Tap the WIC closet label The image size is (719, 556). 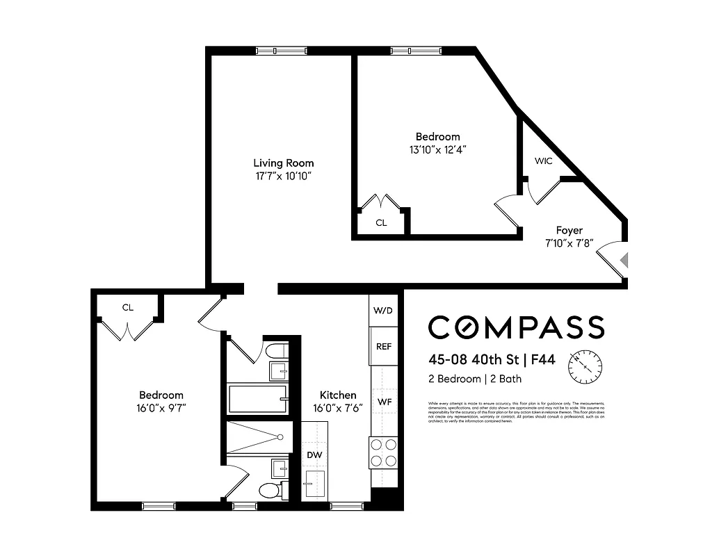543,161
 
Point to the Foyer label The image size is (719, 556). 569,230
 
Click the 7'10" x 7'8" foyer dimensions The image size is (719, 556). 569,243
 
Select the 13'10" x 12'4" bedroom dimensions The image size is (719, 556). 437,149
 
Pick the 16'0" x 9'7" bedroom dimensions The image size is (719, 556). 161,408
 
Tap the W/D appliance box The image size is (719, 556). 384,310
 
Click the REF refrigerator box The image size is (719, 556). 384,346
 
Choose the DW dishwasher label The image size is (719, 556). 314,455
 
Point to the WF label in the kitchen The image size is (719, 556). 385,402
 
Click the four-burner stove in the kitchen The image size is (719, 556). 383,452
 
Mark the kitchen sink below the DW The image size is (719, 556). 315,481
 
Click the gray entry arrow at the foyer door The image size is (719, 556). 624,260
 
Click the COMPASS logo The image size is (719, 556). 516,327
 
